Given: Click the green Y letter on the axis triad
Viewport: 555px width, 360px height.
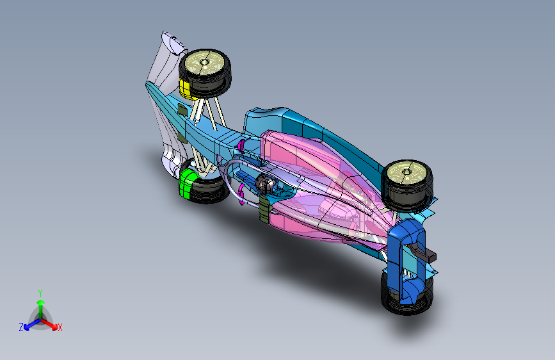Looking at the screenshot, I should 40,293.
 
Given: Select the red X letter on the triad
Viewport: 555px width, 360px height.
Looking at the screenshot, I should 60,328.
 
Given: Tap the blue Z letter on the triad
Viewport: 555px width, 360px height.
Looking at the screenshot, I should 21,327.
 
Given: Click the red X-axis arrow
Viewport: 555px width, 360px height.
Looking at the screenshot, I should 51,323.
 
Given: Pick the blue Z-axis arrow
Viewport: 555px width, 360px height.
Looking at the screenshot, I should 29,324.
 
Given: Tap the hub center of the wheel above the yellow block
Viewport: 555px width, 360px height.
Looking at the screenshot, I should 205,63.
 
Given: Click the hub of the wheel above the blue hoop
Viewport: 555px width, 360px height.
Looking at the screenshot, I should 406,171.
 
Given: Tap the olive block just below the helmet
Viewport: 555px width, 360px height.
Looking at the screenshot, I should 264,209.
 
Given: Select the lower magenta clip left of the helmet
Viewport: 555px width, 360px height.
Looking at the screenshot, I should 242,192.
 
